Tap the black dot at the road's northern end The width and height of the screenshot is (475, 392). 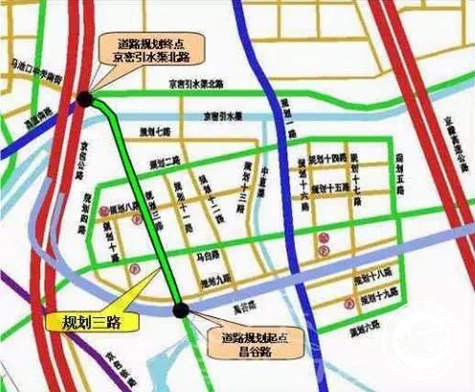pos(86,98)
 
